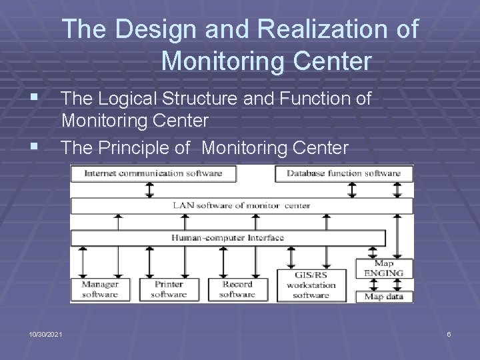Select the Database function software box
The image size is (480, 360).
point(344,173)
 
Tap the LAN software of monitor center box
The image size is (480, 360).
point(241,205)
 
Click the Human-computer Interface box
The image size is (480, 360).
point(228,237)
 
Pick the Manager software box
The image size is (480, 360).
point(100,289)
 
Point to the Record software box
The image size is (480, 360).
point(237,289)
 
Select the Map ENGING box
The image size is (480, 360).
point(384,268)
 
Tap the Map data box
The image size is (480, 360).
point(384,297)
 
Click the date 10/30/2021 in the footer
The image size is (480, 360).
point(46,333)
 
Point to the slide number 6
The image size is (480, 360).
point(449,333)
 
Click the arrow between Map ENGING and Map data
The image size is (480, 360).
point(384,285)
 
